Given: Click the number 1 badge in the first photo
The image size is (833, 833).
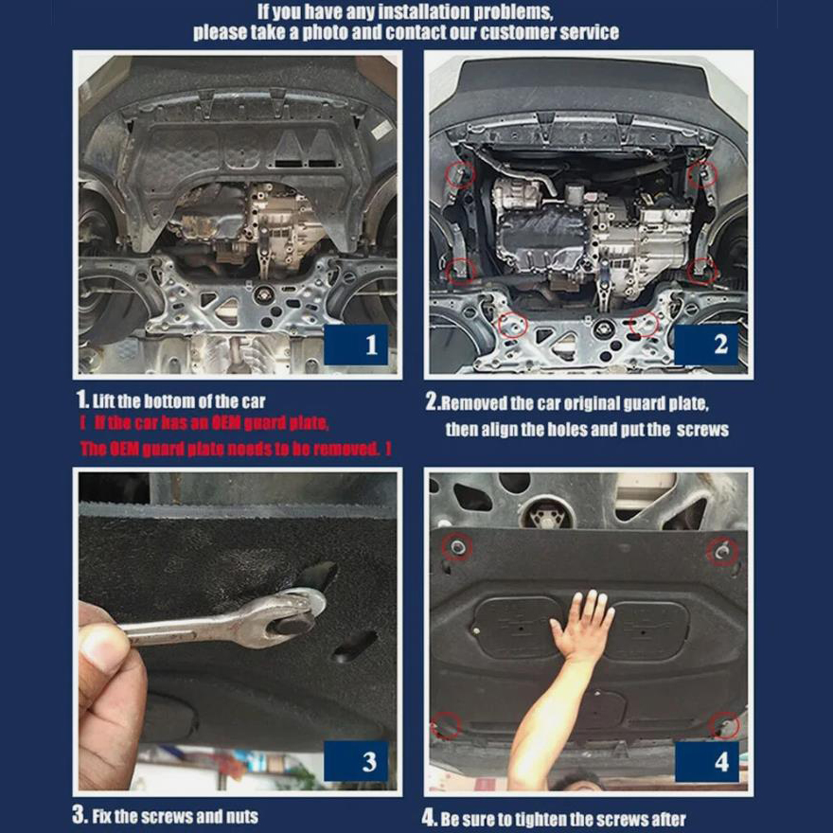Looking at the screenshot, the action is click(355, 345).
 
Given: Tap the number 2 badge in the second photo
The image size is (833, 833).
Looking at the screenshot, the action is click(706, 345).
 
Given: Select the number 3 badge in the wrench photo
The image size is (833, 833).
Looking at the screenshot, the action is click(355, 761).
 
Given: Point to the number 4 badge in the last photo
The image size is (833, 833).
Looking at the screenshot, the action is click(706, 762).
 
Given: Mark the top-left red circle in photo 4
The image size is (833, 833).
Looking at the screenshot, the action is click(457, 547).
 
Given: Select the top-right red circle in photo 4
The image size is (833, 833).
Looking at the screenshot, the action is click(722, 552).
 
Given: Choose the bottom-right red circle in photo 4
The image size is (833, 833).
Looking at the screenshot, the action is click(724, 726).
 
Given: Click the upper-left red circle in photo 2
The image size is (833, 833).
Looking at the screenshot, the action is click(459, 174).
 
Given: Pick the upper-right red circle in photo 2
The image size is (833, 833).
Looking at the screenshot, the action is click(702, 174).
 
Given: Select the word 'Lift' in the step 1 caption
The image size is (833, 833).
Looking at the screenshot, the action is click(103, 401).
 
